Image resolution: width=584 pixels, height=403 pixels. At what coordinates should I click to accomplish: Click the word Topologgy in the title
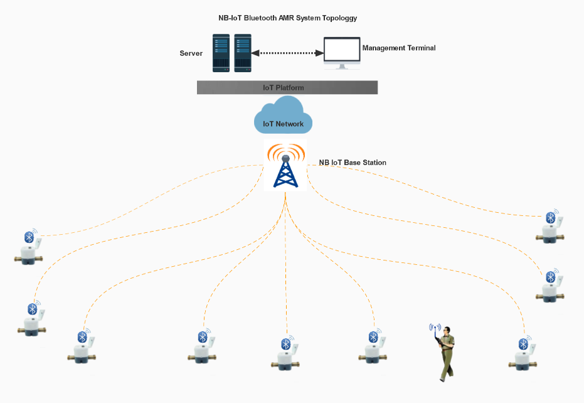339,18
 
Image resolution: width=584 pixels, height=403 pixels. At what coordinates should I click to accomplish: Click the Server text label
191,53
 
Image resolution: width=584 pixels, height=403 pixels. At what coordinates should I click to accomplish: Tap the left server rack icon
221,53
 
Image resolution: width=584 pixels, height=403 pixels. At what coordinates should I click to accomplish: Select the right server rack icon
243,53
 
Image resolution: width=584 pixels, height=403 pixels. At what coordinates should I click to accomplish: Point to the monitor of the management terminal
341,50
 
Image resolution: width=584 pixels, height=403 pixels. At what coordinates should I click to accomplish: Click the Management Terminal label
399,48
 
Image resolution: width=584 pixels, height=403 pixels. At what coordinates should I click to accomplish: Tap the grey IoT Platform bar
287,87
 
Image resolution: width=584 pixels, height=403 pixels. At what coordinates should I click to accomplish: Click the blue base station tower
285,170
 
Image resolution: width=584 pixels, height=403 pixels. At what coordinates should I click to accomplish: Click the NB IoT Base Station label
353,163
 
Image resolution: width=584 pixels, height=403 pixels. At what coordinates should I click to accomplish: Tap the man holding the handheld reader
447,353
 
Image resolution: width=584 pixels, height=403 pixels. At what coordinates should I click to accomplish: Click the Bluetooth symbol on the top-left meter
28,237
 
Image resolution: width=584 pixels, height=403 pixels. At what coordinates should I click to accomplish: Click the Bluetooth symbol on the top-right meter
551,217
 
